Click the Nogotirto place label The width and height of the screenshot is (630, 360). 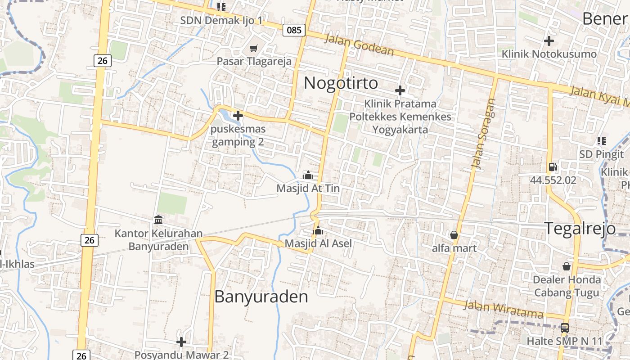click(x=341, y=83)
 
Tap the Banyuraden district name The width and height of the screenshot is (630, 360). click(x=261, y=297)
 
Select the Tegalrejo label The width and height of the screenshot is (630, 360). click(x=580, y=229)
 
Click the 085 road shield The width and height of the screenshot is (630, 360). click(x=294, y=30)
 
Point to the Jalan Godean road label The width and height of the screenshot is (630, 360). click(x=359, y=46)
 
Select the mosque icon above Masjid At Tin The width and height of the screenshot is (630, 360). click(x=308, y=175)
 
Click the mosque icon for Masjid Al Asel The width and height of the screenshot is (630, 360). click(x=318, y=231)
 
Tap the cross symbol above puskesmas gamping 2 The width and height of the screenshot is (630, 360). click(x=238, y=116)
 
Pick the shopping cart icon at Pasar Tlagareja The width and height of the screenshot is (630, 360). click(x=254, y=48)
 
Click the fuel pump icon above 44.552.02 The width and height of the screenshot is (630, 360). click(x=553, y=167)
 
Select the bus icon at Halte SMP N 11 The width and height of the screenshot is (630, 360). click(x=564, y=328)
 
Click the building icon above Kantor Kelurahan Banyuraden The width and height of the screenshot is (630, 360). click(x=158, y=220)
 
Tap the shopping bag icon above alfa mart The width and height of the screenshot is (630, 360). click(x=454, y=235)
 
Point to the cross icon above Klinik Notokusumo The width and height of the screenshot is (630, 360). click(x=549, y=41)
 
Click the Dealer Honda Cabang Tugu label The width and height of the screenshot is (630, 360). click(x=567, y=286)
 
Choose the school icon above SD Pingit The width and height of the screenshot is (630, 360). click(x=601, y=141)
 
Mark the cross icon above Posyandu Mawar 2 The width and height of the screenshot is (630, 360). click(x=181, y=342)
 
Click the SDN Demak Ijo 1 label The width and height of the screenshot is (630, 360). click(x=221, y=21)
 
